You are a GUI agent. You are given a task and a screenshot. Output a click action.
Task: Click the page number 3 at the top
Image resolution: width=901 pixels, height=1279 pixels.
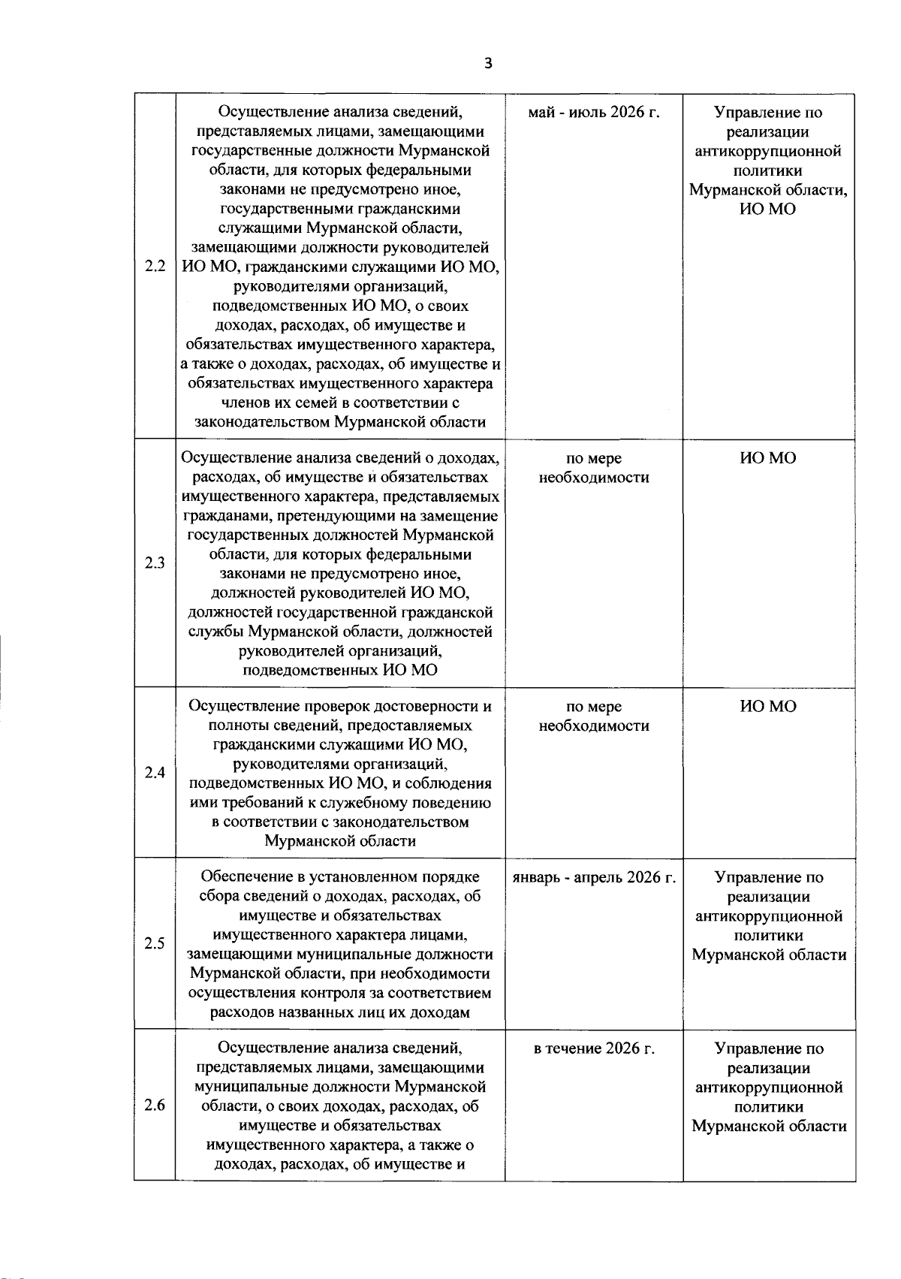coord(488,65)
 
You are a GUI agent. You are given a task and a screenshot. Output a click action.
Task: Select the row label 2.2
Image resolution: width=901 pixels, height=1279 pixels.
coord(155,267)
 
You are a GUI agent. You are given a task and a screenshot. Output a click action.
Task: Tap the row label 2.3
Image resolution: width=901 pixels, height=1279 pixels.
coord(155,563)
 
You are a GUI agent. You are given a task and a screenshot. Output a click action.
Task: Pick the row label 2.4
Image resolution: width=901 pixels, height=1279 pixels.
coord(155,773)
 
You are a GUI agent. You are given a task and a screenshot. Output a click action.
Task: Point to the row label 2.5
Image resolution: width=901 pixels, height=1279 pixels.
coord(155,944)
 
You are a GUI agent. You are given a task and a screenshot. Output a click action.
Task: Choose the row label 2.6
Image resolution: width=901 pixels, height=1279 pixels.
coord(155,1106)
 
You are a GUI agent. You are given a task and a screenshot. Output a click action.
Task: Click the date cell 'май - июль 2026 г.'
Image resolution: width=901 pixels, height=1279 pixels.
coord(593,113)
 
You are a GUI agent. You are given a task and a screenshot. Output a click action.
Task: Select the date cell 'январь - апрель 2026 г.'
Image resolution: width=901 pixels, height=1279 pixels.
coord(593,877)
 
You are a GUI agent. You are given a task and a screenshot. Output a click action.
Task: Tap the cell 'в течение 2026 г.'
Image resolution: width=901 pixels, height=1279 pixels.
coord(593,1048)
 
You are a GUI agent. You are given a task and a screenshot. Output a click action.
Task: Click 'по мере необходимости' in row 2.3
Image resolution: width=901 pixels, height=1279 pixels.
coord(593,468)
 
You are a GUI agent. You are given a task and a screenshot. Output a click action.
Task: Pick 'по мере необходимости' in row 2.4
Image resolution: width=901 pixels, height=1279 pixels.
coord(593,716)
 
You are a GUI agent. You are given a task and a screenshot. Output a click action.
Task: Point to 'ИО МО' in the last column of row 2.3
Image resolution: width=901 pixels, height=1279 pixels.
coord(768,458)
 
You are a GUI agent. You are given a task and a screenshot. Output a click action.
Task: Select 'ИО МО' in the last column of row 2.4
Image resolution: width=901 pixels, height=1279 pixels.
coord(768,706)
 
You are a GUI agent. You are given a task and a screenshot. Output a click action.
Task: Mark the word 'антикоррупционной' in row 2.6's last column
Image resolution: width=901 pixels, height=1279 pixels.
coord(768,1087)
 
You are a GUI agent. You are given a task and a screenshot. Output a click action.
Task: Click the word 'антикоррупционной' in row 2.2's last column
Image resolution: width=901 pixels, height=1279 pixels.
coord(768,152)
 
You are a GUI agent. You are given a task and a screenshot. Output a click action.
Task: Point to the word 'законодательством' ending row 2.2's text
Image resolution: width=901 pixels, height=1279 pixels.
coord(263,422)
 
